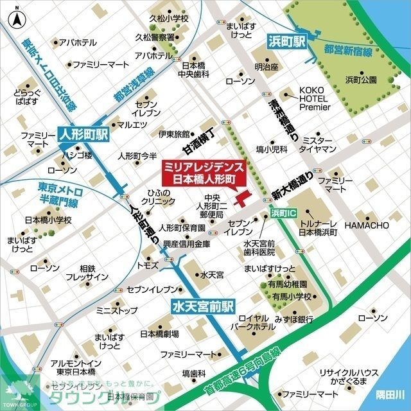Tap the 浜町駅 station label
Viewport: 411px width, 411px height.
coord(286,42)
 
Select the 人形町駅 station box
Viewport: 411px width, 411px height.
coord(84,136)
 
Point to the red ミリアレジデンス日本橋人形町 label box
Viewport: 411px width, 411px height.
coord(200,171)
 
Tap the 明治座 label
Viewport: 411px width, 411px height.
coord(266,66)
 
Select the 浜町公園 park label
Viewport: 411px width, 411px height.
coord(360,80)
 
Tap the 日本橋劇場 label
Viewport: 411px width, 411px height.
coord(159,334)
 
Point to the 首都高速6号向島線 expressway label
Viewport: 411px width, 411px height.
coord(241,372)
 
